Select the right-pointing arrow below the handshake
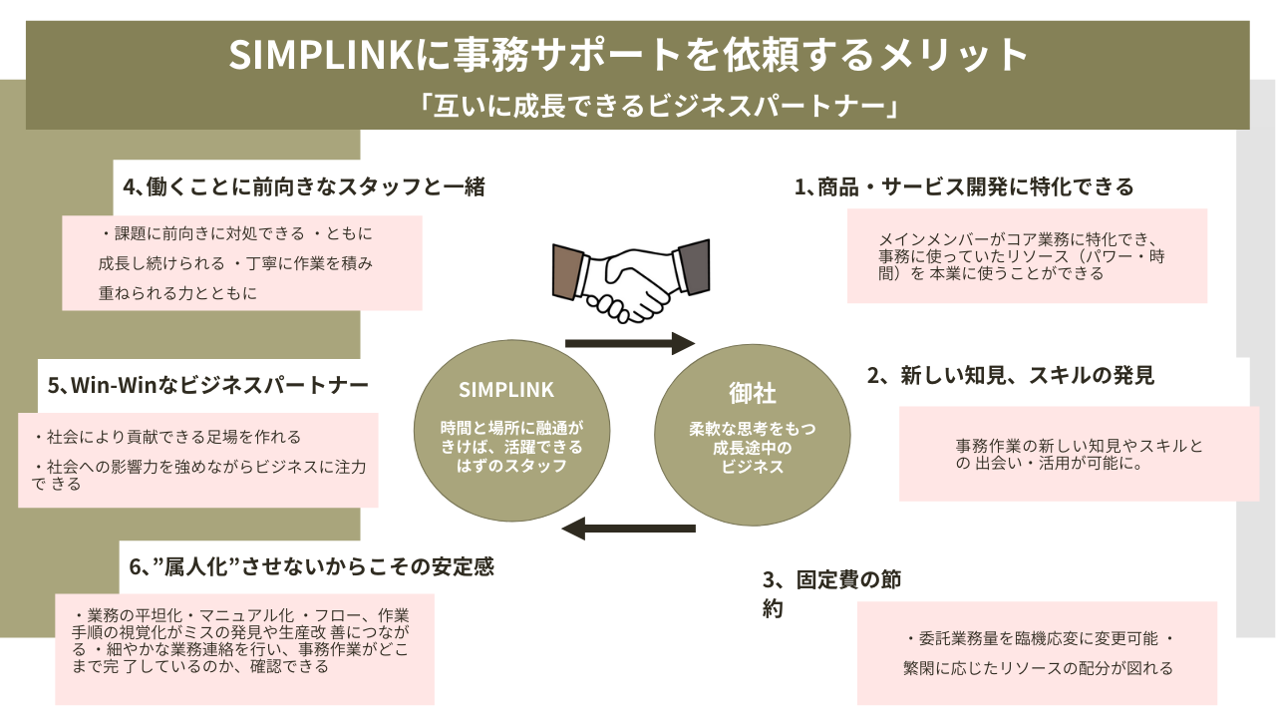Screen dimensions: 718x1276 point(629,344)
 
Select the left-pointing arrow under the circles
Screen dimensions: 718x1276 point(629,529)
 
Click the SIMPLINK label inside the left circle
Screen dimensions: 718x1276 point(506,390)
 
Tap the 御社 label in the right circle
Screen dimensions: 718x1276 point(753,394)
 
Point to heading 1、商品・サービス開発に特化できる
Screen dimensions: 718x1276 point(964,186)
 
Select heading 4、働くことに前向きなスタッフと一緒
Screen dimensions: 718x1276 point(303,186)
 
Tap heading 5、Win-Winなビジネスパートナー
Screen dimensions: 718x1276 point(208,385)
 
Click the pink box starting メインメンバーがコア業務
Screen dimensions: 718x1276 point(1027,255)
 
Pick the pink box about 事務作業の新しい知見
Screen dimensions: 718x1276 point(1080,454)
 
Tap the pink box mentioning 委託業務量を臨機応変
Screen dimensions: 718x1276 point(1037,653)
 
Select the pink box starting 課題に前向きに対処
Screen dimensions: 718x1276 point(242,263)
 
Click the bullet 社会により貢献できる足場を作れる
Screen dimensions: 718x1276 point(167,437)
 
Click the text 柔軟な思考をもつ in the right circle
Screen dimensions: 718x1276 point(753,429)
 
